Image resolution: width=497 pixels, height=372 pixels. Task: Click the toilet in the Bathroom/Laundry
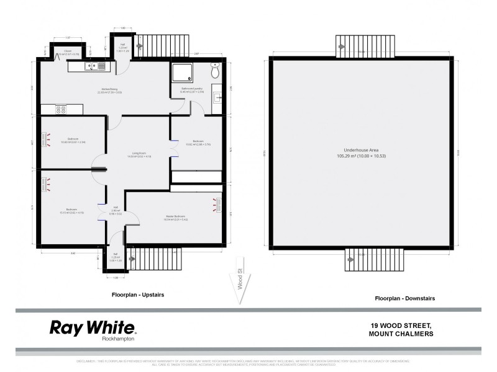coord(215,72)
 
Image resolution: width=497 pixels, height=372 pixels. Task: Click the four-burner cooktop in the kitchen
coord(62,109)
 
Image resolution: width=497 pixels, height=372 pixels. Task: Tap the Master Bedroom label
coord(175,217)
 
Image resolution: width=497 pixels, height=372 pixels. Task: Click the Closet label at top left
coord(65,51)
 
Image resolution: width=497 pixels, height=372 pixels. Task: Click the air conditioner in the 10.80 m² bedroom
coord(45,139)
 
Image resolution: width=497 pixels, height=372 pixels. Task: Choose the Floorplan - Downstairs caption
coord(404,298)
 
